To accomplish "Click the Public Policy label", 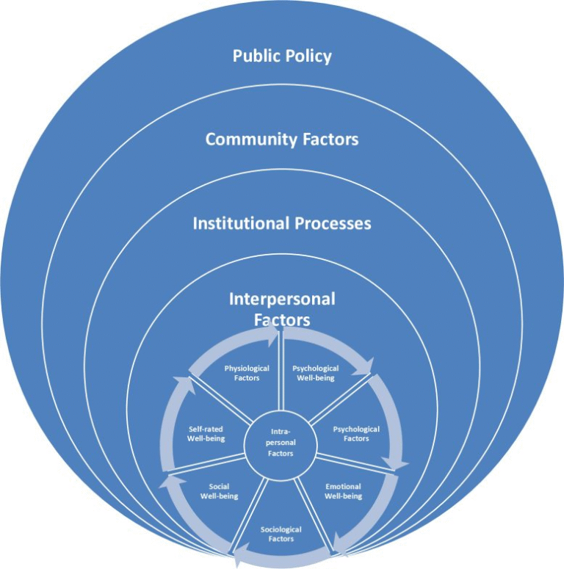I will (282, 56).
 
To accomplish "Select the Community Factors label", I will (282, 139).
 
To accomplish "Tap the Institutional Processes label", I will (282, 223).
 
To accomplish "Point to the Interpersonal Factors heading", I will (282, 309).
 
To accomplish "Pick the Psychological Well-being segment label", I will (315, 373).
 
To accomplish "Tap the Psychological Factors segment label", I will (356, 433).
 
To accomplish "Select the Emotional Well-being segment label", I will (344, 490).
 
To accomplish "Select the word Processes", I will (333, 223).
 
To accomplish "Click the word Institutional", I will (240, 223).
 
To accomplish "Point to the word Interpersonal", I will (282, 300).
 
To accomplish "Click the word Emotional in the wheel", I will (344, 486).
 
